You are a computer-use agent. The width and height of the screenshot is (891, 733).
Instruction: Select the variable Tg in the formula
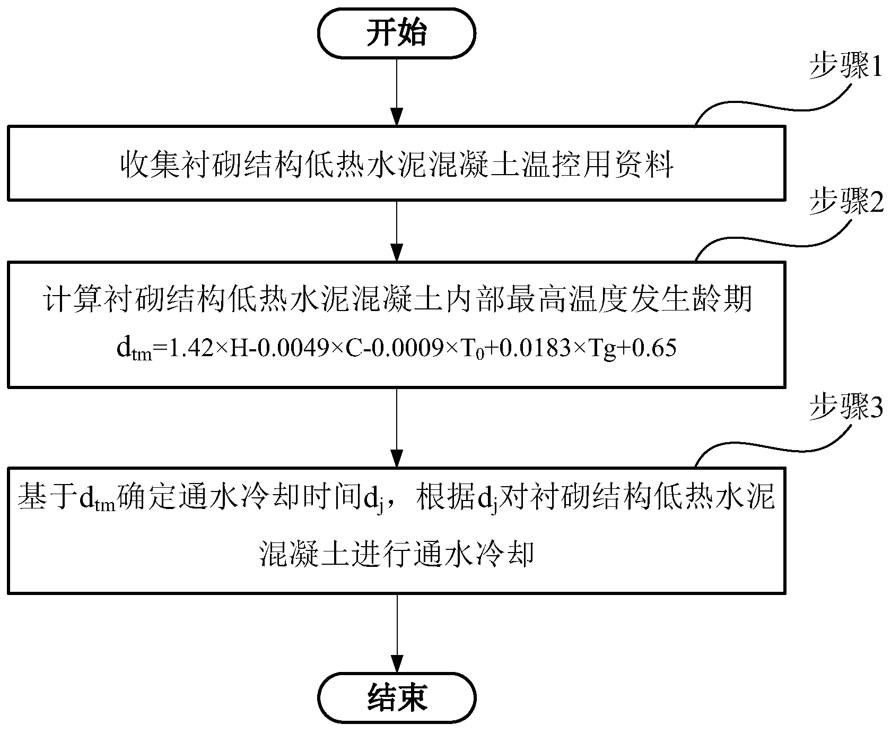click(604, 349)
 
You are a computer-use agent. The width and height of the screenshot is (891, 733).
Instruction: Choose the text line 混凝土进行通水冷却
click(397, 554)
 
